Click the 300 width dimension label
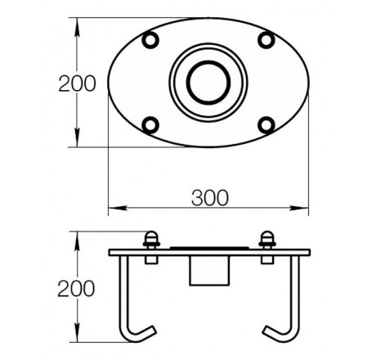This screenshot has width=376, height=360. pos(210,198)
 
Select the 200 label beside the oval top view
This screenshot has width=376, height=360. pos(78,83)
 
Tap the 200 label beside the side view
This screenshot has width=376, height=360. pos(76,289)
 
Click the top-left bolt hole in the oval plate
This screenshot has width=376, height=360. pos(150,40)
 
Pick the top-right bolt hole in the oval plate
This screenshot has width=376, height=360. pos(266,40)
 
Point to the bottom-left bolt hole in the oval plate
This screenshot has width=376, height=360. pos(150,125)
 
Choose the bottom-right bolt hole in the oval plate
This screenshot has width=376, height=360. pos(266,125)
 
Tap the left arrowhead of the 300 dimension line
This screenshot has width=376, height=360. pos(118,208)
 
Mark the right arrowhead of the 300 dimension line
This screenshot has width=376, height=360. pos(299,208)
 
